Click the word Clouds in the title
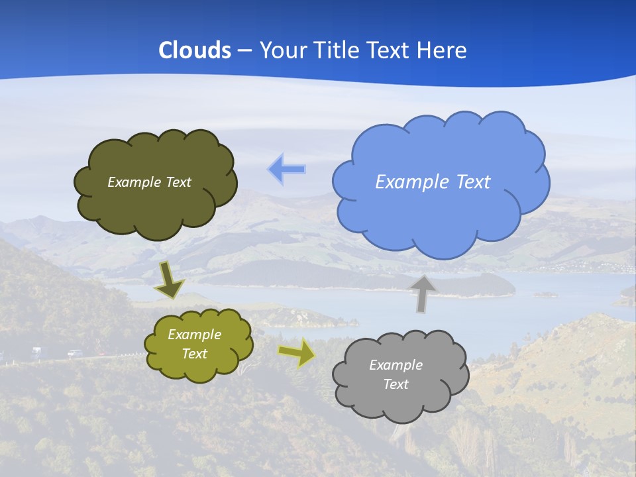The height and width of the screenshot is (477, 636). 195,50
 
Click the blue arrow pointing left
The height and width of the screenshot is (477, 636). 286,169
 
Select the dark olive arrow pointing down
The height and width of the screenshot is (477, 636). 170,280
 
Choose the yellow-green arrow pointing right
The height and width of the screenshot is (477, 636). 297,352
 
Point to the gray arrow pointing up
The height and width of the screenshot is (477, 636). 423,293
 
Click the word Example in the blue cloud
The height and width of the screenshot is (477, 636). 413,182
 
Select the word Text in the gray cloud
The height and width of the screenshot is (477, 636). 396,384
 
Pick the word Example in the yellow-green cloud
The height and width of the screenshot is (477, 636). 194,335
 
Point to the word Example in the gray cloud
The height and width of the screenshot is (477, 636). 396,365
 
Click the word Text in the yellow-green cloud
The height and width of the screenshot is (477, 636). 194,354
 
